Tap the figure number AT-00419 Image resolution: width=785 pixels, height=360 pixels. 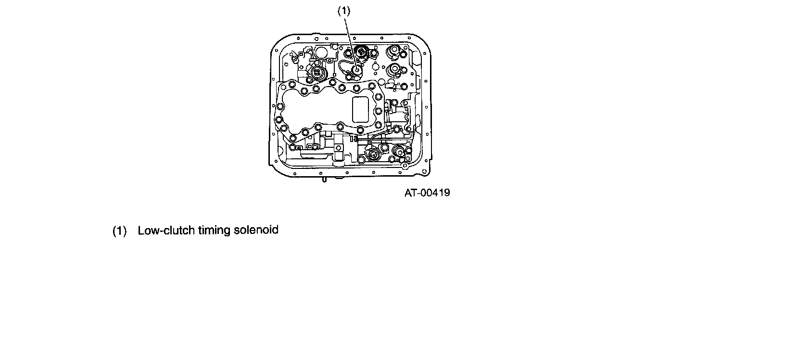pyautogui.click(x=427, y=193)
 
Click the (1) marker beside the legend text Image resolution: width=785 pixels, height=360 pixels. pyautogui.click(x=119, y=231)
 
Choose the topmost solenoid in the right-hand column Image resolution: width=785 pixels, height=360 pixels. pyautogui.click(x=394, y=51)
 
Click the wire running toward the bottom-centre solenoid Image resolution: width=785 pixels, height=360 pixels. pyautogui.click(x=375, y=140)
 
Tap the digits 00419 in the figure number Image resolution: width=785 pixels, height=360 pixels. pyautogui.click(x=434, y=193)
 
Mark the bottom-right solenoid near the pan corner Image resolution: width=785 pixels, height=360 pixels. pyautogui.click(x=398, y=154)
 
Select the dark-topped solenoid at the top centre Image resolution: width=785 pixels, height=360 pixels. pyautogui.click(x=362, y=51)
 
